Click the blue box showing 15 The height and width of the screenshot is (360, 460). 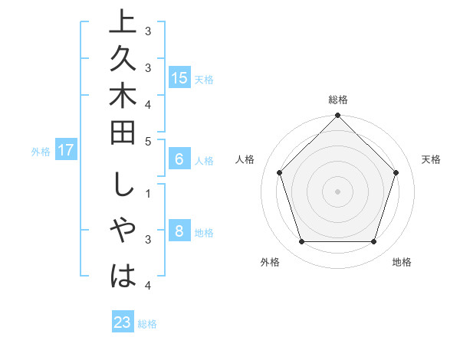(x=179, y=77)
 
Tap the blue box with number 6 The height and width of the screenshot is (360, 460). (x=179, y=159)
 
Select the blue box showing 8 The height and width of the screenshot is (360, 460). (x=179, y=231)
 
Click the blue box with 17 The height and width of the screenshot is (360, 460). (x=65, y=150)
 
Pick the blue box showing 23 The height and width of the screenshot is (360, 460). (x=122, y=322)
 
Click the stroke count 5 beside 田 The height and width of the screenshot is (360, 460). (x=148, y=141)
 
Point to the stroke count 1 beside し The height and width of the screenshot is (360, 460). (x=148, y=192)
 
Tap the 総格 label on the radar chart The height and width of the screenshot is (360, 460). (x=337, y=100)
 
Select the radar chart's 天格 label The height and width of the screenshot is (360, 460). (x=431, y=159)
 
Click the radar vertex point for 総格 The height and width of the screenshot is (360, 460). (x=337, y=116)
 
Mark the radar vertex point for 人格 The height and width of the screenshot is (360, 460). (x=279, y=172)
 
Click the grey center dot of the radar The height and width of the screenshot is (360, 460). (x=337, y=191)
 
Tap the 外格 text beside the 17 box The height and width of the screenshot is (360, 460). (x=41, y=151)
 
